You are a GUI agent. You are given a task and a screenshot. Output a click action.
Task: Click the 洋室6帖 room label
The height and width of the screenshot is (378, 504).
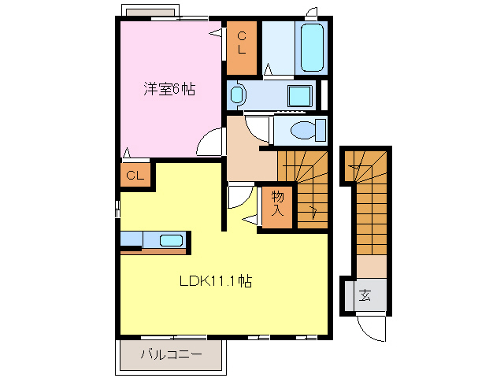point(169,90)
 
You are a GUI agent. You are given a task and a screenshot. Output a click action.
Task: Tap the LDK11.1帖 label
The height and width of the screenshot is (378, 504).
point(213,280)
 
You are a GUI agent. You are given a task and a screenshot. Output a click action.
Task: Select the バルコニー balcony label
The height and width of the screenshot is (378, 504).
point(171,355)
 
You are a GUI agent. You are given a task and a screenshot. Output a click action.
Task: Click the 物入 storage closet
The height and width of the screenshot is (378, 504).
point(278,204)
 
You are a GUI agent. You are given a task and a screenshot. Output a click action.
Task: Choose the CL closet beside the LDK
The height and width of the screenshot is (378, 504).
point(135,175)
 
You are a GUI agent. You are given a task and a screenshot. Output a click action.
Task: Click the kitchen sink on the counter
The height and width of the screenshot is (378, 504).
point(171,240)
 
